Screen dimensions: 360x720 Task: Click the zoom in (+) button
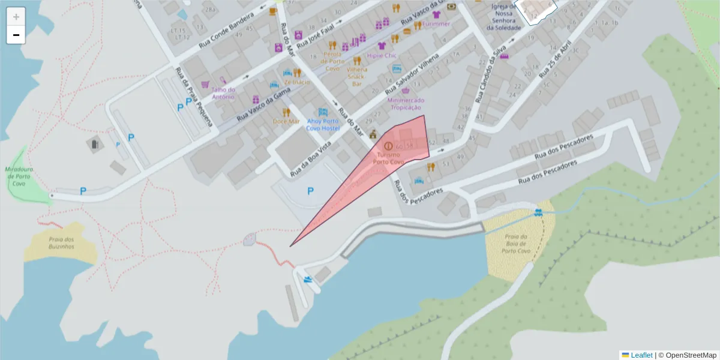[16, 17]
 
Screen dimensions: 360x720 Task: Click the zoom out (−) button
[16, 35]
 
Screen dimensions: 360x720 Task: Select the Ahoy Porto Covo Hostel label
[323, 124]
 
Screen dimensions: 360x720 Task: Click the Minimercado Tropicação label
[406, 104]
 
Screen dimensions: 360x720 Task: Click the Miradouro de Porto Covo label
[19, 177]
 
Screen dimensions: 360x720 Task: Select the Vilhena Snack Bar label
[357, 76]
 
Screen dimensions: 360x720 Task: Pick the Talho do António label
[223, 93]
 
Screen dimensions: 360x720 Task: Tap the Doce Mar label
[286, 121]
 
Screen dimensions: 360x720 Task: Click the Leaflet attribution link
[641, 355]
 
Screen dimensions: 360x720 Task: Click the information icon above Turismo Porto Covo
[388, 145]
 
